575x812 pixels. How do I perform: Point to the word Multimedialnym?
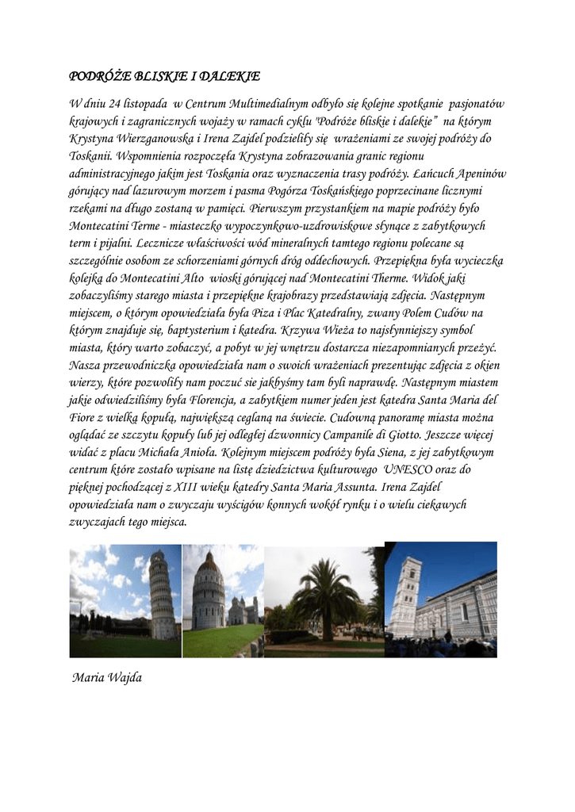click(x=266, y=105)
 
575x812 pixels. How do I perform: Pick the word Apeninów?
click(x=479, y=174)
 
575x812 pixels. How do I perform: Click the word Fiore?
click(x=82, y=417)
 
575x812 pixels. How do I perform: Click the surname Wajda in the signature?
click(x=123, y=678)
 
